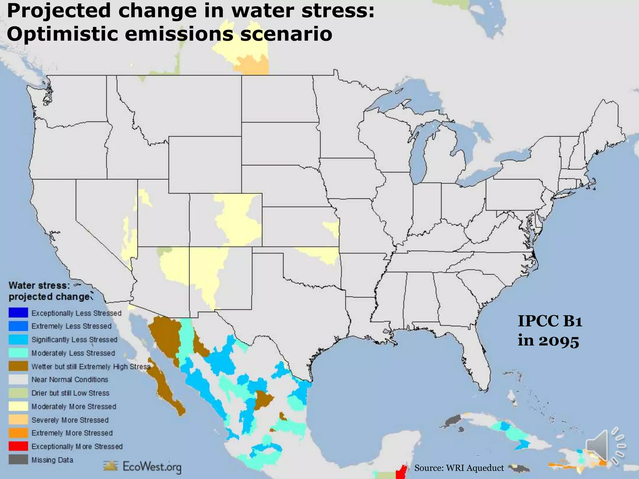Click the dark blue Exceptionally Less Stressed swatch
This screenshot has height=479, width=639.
(x=18, y=312)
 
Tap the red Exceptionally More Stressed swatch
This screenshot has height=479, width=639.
(x=18, y=446)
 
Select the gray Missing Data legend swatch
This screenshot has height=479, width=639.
(x=18, y=460)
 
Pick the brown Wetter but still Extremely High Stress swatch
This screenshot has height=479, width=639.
(x=18, y=366)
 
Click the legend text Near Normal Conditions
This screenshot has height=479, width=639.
(x=70, y=380)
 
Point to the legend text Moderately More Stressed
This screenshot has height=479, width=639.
(x=74, y=406)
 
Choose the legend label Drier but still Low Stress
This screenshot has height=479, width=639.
(x=70, y=393)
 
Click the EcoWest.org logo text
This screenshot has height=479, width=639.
(x=152, y=467)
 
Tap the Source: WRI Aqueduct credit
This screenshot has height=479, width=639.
(x=459, y=468)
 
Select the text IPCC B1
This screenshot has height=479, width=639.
(x=550, y=321)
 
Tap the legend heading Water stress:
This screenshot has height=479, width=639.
(x=39, y=285)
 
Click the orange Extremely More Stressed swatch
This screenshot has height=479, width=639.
(x=18, y=433)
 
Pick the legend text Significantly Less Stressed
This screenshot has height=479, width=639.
(x=74, y=339)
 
